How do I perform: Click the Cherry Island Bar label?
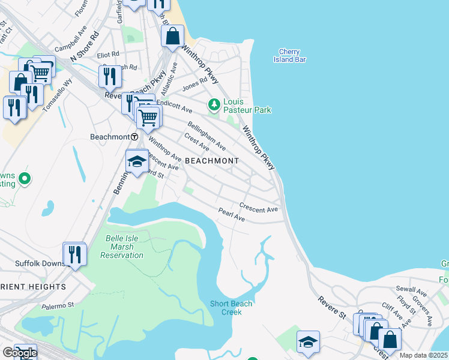coord(294,55)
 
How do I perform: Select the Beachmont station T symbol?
coord(134,137)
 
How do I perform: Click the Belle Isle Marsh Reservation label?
coord(125,247)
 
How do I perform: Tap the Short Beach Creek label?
coord(231,308)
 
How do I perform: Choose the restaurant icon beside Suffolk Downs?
coord(74,254)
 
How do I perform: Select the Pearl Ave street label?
coord(232,215)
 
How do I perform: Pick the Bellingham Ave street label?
coord(206,135)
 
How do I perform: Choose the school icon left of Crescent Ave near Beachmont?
coord(137,162)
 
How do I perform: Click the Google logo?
coord(19,353)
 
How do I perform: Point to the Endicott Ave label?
coord(174,106)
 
